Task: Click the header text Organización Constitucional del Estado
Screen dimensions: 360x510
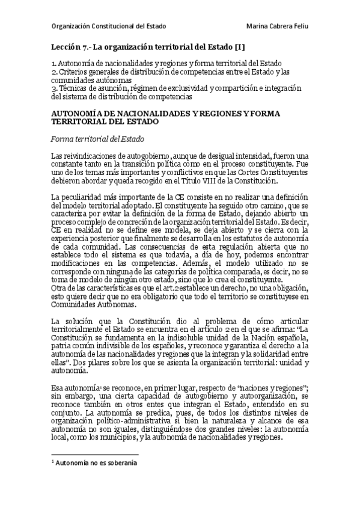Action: [108, 26]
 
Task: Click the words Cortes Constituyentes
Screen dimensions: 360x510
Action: [282, 173]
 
